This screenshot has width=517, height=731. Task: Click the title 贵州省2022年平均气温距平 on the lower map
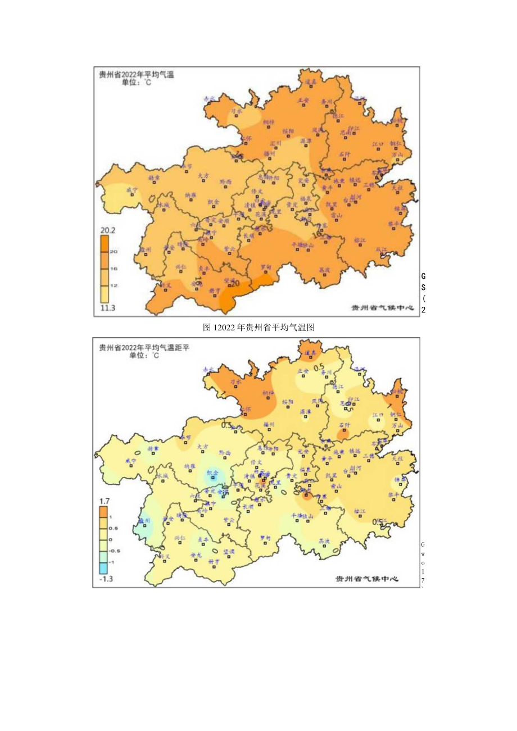click(144, 347)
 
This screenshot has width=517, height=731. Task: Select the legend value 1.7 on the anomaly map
click(105, 500)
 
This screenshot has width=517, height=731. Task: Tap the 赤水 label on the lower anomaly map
click(209, 370)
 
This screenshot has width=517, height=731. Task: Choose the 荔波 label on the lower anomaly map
click(323, 541)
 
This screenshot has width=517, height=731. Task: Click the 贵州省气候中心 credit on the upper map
click(382, 308)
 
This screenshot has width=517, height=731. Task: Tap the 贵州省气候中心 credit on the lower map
click(367, 579)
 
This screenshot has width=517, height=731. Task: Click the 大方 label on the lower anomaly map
click(203, 446)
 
